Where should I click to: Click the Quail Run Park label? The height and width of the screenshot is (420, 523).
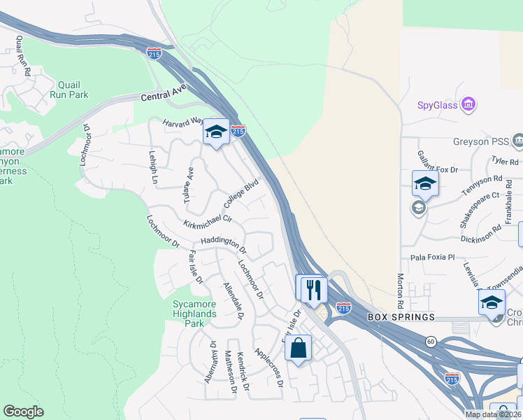point(69,87)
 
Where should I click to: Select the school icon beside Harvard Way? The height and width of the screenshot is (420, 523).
point(217,132)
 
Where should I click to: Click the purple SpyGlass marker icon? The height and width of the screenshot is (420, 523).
point(468,106)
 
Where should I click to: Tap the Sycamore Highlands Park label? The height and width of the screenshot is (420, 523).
point(195,309)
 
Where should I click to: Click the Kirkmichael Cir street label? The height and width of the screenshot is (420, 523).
point(208,222)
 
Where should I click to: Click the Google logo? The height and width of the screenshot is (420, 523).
point(23,412)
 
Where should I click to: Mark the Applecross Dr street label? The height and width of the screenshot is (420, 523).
point(268,367)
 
